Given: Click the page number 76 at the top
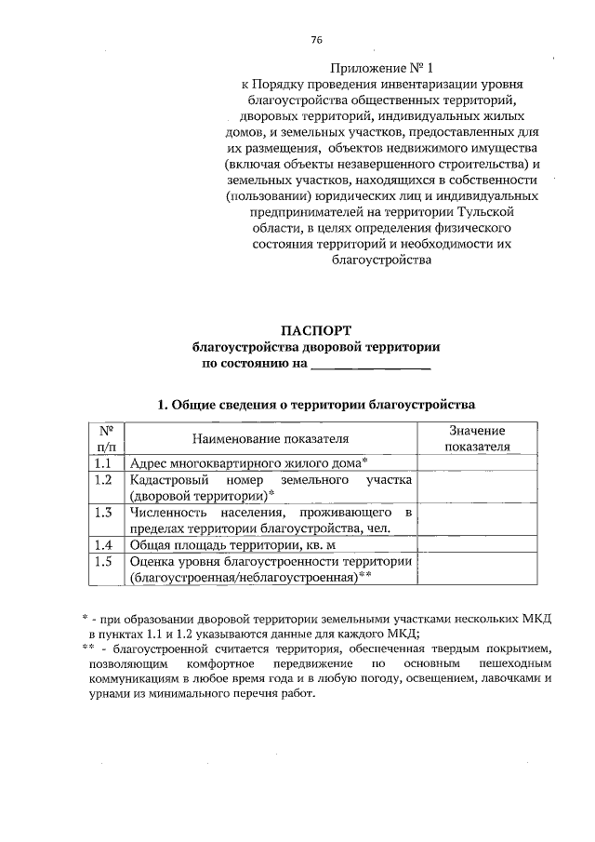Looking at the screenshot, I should (316, 40).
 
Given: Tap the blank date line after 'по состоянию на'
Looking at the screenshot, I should (370, 364).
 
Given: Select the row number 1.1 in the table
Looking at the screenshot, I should (106, 461).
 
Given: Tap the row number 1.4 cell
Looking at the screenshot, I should (106, 545).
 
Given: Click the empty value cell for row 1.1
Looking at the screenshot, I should (477, 461).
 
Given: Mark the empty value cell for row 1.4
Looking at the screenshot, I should (477, 545).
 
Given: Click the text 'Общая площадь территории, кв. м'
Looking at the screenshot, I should (233, 545).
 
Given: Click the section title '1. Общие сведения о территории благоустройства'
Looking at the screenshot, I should (316, 405).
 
